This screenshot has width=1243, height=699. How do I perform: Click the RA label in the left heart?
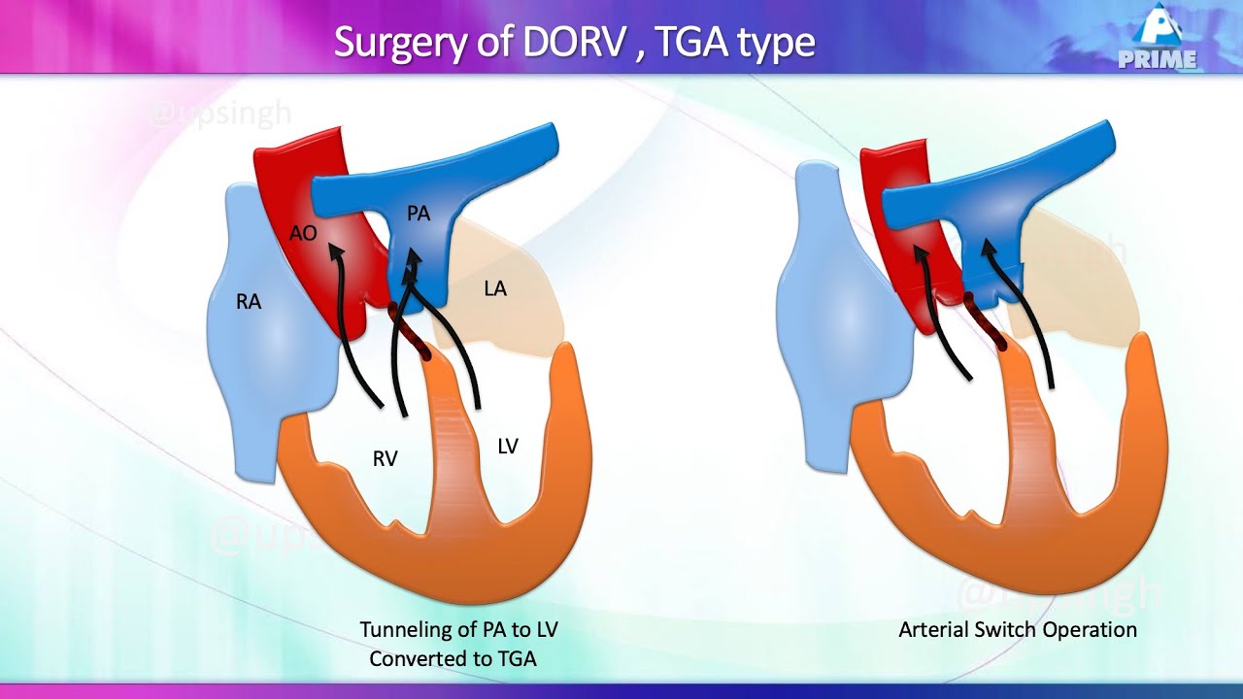[249, 302]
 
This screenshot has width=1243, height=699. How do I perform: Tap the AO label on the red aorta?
[303, 234]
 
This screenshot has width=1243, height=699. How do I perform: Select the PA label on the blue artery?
[419, 214]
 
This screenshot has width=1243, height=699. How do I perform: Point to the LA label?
[494, 288]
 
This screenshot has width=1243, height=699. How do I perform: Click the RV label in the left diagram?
[386, 459]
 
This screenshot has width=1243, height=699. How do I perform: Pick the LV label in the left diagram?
[507, 447]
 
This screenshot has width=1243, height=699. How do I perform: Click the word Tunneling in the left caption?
[405, 630]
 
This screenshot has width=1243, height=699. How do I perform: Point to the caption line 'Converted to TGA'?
[453, 659]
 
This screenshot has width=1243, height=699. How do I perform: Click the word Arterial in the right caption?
[934, 630]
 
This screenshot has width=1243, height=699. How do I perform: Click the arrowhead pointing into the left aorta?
[335, 252]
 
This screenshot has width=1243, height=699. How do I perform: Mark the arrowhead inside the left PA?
[413, 258]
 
